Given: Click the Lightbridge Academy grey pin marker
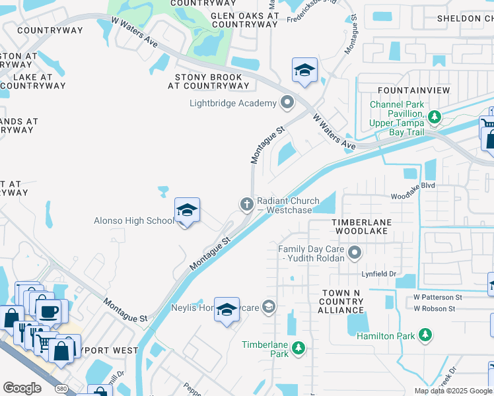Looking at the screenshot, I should click(x=287, y=103).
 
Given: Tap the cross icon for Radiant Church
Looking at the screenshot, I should click(x=246, y=204).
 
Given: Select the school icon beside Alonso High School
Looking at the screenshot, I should click(x=187, y=212).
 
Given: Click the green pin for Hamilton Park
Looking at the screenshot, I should click(x=426, y=336).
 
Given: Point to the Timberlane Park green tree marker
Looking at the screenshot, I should click(x=299, y=348).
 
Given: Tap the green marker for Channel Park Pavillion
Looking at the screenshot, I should click(x=434, y=117).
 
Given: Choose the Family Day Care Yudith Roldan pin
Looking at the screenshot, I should click(x=355, y=252).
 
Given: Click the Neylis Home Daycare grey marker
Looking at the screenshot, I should click(x=268, y=306).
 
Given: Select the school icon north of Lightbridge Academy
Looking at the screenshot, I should click(x=304, y=71).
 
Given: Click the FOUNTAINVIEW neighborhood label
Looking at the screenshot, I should click(x=414, y=90).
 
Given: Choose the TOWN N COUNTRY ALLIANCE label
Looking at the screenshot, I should click(x=343, y=302).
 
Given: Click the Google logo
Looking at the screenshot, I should click(x=22, y=388).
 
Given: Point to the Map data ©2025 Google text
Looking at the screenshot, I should click(x=452, y=391).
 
